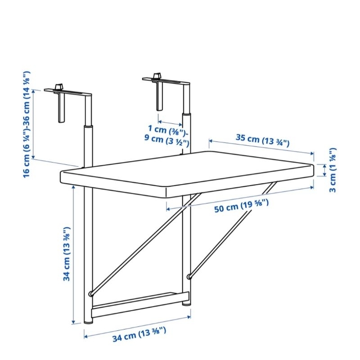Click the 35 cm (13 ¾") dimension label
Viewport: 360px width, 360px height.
[262, 140]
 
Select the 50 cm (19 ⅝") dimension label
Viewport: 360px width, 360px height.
[241, 206]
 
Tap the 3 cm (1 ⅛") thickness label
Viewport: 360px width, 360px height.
[333, 170]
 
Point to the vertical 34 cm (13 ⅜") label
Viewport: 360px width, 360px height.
[67, 254]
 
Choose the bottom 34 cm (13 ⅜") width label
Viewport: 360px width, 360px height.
[139, 334]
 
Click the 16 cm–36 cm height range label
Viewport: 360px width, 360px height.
[27, 124]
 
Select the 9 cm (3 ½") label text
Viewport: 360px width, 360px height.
[167, 140]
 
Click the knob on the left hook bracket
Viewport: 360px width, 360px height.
[59, 87]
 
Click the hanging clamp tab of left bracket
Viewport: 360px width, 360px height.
[61, 108]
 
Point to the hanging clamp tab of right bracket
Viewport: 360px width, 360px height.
[160, 96]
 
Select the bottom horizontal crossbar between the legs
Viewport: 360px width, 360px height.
[140, 304]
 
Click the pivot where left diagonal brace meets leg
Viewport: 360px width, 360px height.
[91, 294]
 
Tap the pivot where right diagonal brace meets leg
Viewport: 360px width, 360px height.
[189, 276]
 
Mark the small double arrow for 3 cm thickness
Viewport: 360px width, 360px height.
[324, 170]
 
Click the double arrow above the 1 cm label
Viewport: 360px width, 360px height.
[170, 123]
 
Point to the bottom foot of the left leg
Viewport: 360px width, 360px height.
[88, 321]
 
